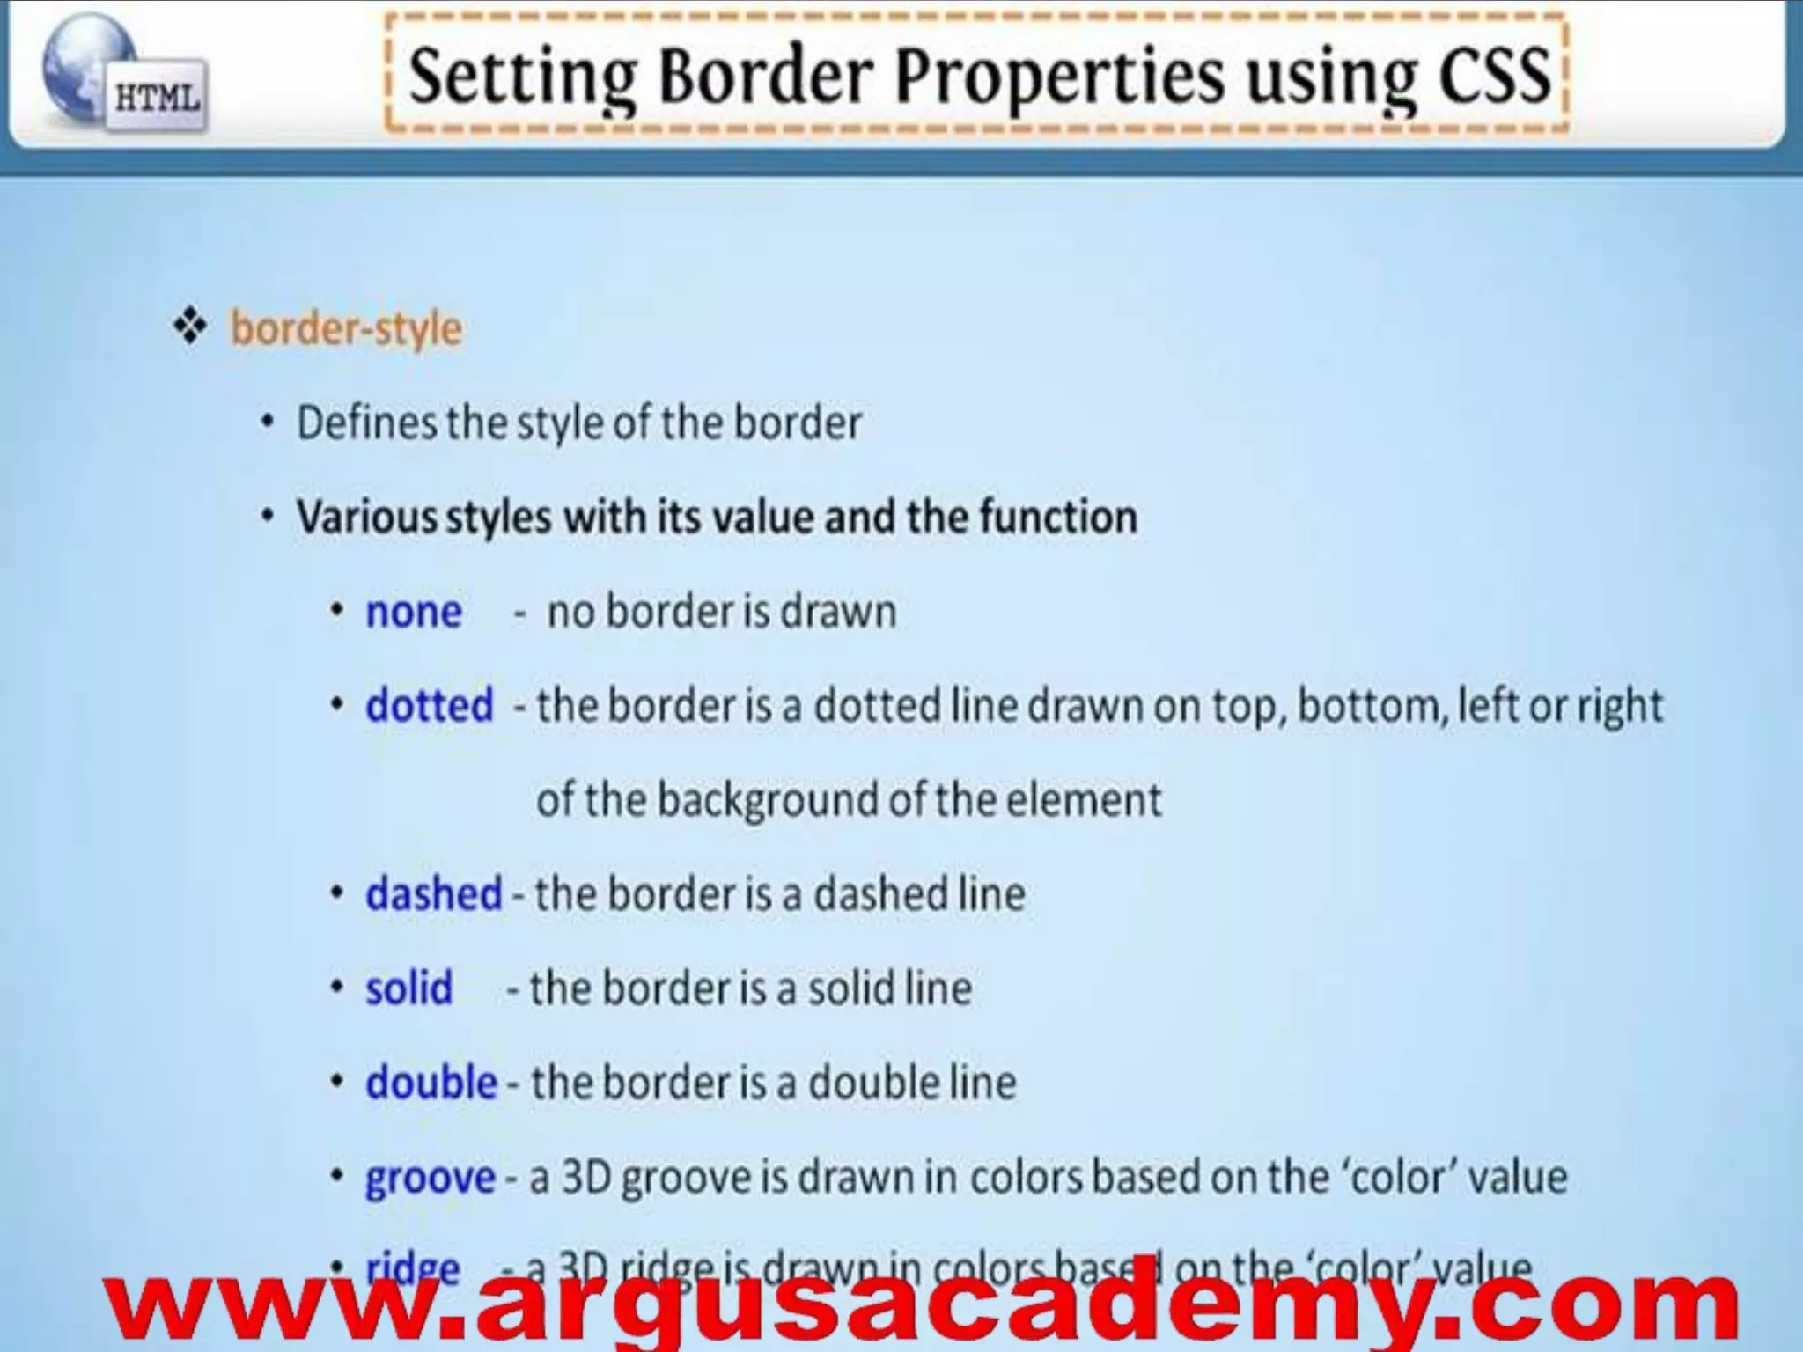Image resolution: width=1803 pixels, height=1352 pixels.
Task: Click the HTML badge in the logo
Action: pyautogui.click(x=158, y=98)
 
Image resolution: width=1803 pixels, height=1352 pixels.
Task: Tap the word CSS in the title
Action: pyautogui.click(x=1494, y=76)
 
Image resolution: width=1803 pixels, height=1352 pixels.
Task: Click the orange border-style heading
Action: pyautogui.click(x=346, y=329)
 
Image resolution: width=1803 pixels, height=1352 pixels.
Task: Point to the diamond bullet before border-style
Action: pyautogui.click(x=190, y=327)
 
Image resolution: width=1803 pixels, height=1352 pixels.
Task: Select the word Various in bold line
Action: pyautogui.click(x=366, y=517)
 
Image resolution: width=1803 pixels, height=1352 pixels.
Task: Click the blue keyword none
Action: pyautogui.click(x=413, y=612)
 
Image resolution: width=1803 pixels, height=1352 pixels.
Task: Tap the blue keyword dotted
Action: pyautogui.click(x=429, y=706)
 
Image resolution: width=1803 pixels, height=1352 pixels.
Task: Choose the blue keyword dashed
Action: pyautogui.click(x=433, y=894)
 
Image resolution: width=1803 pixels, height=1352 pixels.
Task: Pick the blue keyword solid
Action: pyautogui.click(x=408, y=988)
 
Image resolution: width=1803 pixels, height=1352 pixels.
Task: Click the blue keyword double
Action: pyautogui.click(x=431, y=1083)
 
